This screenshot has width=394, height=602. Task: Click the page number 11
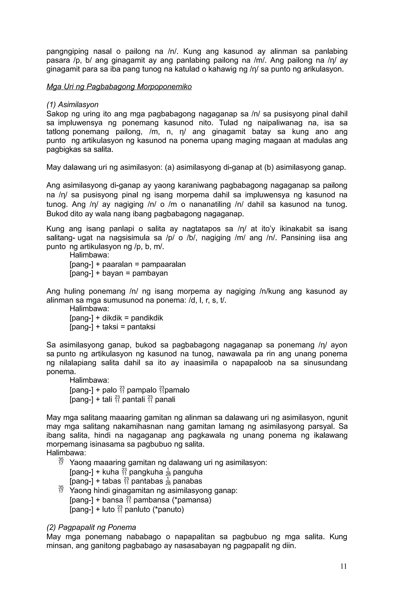click(343, 566)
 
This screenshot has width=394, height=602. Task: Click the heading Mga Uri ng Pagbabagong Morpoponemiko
click(119, 87)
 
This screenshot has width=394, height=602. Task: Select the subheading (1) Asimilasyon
click(72, 104)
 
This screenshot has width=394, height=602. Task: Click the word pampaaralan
click(163, 264)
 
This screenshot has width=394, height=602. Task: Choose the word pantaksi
click(141, 327)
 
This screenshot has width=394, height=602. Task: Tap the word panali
click(165, 399)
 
